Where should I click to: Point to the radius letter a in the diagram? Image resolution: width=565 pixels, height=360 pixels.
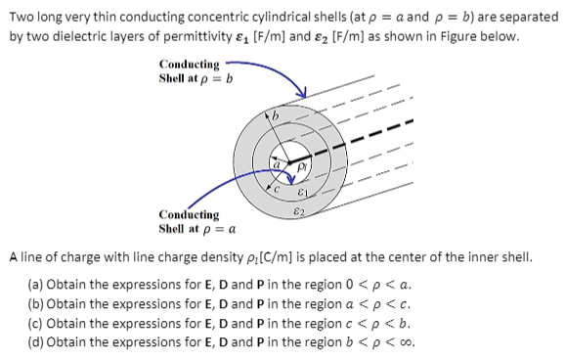tap(278, 164)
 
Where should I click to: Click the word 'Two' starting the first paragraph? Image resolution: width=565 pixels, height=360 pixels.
tap(22, 16)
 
